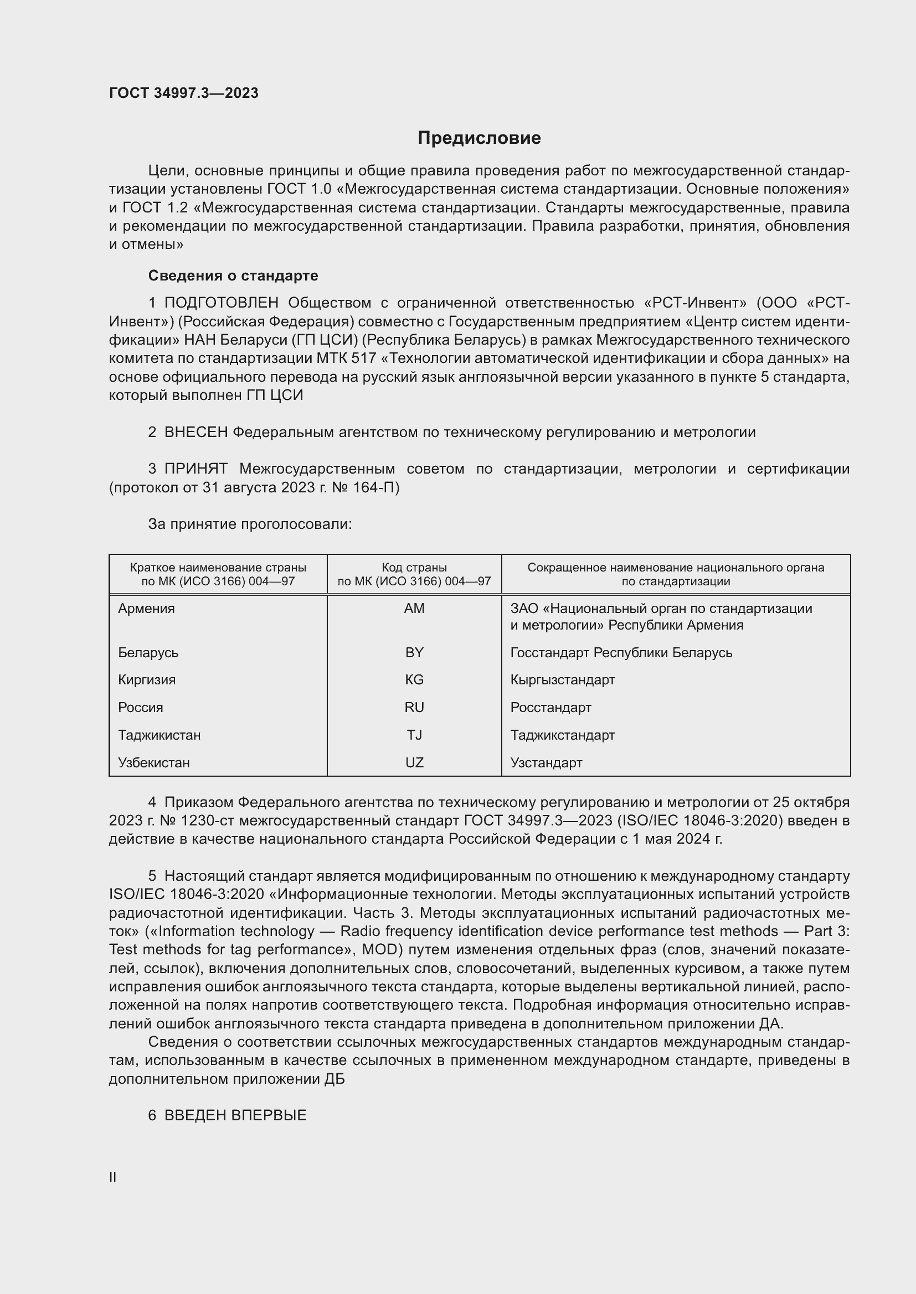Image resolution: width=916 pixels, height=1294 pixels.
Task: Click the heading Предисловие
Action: tap(479, 138)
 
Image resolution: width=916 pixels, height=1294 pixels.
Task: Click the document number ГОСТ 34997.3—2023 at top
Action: tap(183, 93)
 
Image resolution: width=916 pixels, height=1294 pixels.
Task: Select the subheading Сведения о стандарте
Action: tap(233, 276)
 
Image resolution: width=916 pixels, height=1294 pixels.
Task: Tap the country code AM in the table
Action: tap(414, 609)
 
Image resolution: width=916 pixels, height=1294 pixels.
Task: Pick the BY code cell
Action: tap(414, 653)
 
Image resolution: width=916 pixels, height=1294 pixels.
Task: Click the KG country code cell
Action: tap(414, 680)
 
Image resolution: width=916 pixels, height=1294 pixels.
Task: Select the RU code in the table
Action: tap(414, 708)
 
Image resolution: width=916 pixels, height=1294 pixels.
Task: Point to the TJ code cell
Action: tap(414, 735)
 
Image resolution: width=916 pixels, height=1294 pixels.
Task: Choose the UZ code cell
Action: tap(414, 762)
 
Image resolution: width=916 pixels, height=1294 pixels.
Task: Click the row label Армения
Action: tap(147, 609)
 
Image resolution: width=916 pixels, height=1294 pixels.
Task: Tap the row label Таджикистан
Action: tap(159, 735)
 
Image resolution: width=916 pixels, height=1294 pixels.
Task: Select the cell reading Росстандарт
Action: tap(550, 708)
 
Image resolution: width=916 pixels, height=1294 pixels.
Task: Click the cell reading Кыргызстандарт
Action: tap(562, 680)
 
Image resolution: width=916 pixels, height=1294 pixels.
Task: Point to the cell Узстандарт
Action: tap(546, 762)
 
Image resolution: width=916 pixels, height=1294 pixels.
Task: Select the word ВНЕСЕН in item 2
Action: tap(195, 432)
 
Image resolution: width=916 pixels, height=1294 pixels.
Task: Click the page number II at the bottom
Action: tap(113, 1177)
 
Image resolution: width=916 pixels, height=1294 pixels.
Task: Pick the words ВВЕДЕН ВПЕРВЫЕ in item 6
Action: tap(235, 1115)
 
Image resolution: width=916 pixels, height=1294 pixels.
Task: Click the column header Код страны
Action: tap(414, 568)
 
